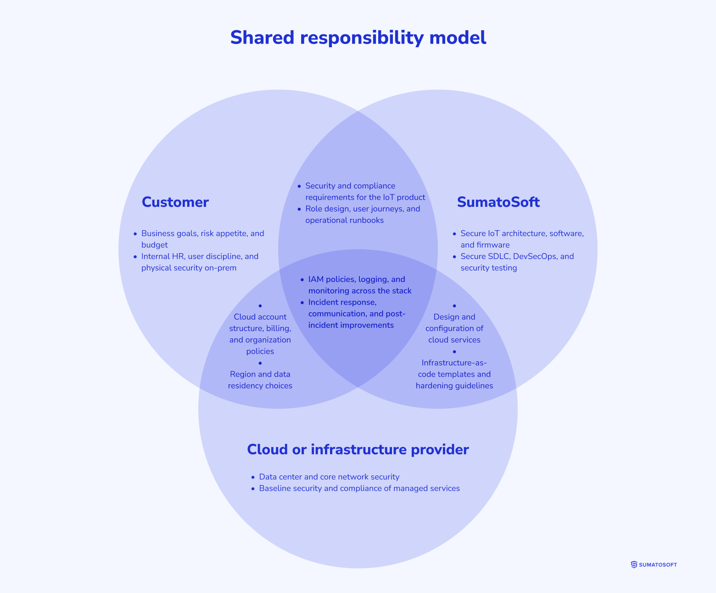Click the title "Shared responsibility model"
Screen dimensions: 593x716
(x=358, y=38)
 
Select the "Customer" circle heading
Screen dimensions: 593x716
(x=175, y=202)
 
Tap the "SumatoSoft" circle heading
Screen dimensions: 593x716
(x=498, y=202)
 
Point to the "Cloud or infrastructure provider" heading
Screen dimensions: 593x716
(x=358, y=449)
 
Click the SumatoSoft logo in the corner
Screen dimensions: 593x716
(x=654, y=565)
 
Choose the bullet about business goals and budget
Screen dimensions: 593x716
(x=202, y=239)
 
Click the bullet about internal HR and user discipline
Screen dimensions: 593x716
(x=200, y=262)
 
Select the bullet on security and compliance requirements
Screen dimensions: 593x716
(x=365, y=192)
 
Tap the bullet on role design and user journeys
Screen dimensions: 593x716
(x=362, y=215)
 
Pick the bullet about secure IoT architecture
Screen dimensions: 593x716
(x=522, y=239)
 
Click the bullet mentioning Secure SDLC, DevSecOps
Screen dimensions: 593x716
(x=517, y=262)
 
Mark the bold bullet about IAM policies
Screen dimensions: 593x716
(x=359, y=285)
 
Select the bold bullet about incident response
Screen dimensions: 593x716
(x=356, y=314)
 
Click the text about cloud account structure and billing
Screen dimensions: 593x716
(x=260, y=334)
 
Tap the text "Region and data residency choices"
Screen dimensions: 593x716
(x=260, y=380)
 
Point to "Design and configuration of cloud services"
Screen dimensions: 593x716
(x=454, y=328)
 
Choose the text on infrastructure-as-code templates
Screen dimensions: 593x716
(x=454, y=374)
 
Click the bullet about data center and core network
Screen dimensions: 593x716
(x=329, y=477)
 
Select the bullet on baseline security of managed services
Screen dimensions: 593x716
(x=359, y=488)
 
